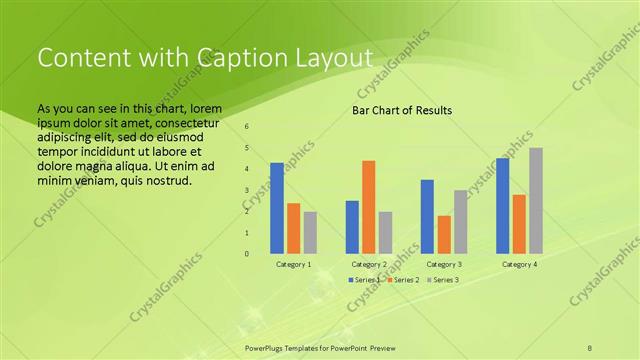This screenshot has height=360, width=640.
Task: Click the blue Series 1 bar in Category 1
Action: (277, 208)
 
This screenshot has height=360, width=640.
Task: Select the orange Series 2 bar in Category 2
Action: (368, 207)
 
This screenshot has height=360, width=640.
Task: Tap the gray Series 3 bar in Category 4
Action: (536, 200)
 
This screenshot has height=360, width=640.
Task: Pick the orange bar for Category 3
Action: (444, 234)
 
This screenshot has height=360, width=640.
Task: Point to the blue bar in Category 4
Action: (502, 205)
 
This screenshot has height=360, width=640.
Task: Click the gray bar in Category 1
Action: (310, 232)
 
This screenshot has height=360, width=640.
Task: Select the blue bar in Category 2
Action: (352, 227)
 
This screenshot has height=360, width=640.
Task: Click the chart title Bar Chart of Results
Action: (402, 110)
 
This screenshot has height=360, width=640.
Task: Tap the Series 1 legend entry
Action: (365, 280)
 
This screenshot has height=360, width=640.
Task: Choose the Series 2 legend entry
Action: (404, 280)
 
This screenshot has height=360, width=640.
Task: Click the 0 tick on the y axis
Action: (247, 253)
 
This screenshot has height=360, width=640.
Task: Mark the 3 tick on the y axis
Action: (247, 190)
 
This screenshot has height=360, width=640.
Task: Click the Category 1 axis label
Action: (293, 264)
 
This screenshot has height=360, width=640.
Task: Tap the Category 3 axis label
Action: (443, 264)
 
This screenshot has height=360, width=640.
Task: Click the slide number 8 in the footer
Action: (590, 346)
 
